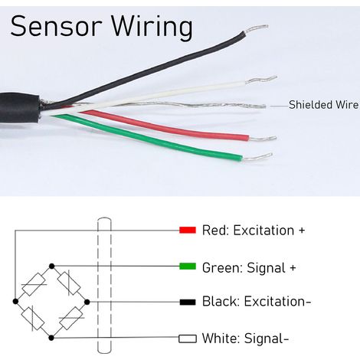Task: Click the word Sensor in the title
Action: [x=57, y=26]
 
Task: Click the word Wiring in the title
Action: [x=152, y=28]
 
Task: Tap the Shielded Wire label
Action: [x=323, y=105]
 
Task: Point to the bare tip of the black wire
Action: [x=256, y=29]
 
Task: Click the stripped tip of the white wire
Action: [x=262, y=80]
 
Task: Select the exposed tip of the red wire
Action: [x=263, y=139]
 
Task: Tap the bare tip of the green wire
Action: [x=257, y=157]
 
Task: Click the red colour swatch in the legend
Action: [x=188, y=230]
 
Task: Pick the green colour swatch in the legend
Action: [x=188, y=267]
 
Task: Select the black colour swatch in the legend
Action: [x=188, y=302]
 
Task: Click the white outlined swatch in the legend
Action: [x=188, y=339]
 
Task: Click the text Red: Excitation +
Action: [x=254, y=230]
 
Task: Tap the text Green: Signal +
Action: [x=249, y=268]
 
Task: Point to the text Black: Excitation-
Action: [x=257, y=301]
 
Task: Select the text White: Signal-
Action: [x=245, y=339]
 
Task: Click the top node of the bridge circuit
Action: [x=52, y=267]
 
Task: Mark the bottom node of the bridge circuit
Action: [x=51, y=338]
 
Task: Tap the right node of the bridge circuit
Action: [x=87, y=302]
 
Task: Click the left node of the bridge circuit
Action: [x=15, y=302]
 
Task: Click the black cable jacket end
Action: [x=20, y=109]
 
